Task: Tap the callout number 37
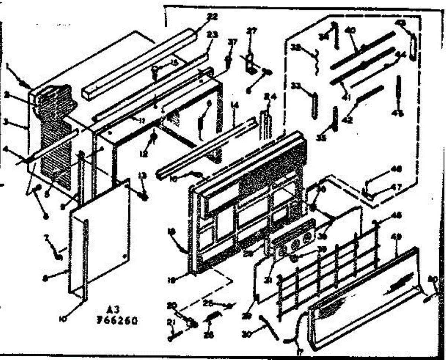click(x=232, y=42)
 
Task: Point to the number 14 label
click(x=234, y=105)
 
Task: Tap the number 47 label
click(x=397, y=188)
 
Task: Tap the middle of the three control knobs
click(x=296, y=245)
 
